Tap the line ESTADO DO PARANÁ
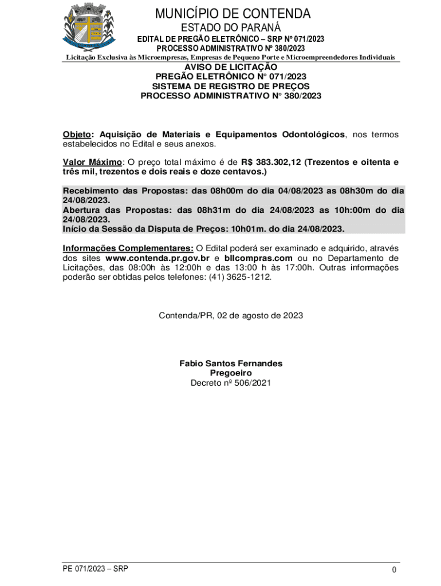tap(231, 27)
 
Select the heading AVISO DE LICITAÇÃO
tap(231, 68)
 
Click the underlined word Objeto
tap(77, 134)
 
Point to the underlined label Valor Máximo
tap(92, 162)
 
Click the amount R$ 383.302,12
tap(270, 162)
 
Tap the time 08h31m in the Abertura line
tap(214, 209)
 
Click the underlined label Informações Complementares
tap(128, 248)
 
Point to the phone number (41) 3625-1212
tap(241, 277)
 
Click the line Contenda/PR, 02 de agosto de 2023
tap(231, 315)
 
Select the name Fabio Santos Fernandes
tap(231, 363)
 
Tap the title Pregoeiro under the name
tap(231, 373)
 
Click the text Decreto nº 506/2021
tap(231, 383)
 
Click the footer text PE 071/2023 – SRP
tap(96, 569)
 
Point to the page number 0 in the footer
tap(395, 570)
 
